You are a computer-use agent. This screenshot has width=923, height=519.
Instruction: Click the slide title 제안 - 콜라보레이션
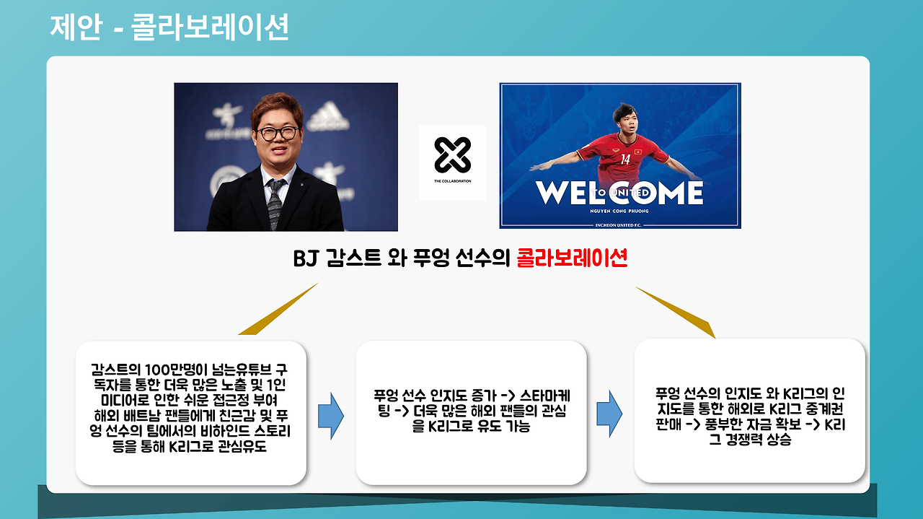[169, 27]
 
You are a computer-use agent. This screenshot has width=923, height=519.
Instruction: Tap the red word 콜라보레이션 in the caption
[572, 258]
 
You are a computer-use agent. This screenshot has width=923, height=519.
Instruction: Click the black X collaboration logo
[452, 155]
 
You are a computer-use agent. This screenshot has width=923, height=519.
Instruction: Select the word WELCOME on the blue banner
[619, 193]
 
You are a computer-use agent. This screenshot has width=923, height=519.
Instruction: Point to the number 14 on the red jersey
[625, 160]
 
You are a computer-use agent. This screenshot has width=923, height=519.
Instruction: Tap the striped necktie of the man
[275, 204]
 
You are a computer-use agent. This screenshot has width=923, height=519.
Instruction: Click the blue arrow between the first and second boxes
[330, 416]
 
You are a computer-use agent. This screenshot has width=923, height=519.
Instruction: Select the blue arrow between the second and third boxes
[609, 414]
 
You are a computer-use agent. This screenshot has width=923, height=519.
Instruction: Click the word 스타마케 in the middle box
[544, 396]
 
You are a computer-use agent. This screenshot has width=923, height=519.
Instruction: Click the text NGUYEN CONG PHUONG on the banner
[619, 211]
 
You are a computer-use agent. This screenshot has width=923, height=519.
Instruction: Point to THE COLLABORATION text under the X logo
[452, 181]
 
